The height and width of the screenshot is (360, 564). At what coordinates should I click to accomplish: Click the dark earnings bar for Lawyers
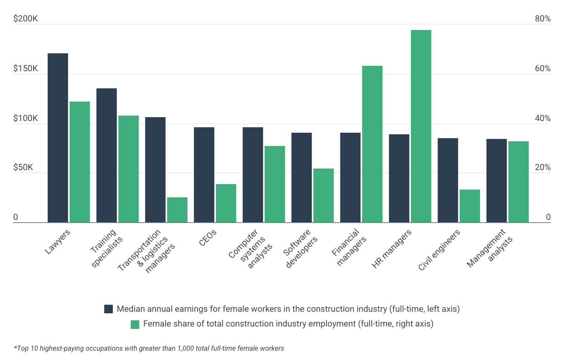pyautogui.click(x=58, y=138)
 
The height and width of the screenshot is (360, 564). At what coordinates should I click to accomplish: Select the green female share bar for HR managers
pyautogui.click(x=421, y=126)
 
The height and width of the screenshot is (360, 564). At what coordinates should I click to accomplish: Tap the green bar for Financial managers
pyautogui.click(x=372, y=144)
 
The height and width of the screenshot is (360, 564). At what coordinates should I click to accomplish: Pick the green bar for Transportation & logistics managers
pyautogui.click(x=177, y=210)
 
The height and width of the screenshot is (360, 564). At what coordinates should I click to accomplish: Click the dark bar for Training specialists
pyautogui.click(x=107, y=155)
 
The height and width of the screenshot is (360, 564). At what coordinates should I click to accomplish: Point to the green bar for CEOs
pyautogui.click(x=226, y=203)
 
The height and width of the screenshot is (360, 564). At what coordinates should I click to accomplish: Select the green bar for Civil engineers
pyautogui.click(x=469, y=206)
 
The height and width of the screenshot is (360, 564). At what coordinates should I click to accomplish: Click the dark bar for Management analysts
pyautogui.click(x=496, y=181)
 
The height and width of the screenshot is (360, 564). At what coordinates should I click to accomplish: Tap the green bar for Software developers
pyautogui.click(x=323, y=195)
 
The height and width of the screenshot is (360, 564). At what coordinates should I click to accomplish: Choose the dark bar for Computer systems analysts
pyautogui.click(x=253, y=175)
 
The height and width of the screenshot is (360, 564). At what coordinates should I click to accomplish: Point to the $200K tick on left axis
pyautogui.click(x=26, y=19)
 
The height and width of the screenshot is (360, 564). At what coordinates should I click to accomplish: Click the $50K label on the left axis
pyautogui.click(x=23, y=167)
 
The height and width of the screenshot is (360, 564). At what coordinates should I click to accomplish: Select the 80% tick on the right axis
pyautogui.click(x=543, y=19)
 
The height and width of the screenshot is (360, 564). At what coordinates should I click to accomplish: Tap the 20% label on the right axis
pyautogui.click(x=543, y=167)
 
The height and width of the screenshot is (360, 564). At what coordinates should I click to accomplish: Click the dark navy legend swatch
pyautogui.click(x=109, y=309)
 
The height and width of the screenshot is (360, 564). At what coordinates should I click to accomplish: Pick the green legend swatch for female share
pyautogui.click(x=135, y=324)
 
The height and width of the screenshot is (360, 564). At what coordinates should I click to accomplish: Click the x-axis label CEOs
pyautogui.click(x=208, y=238)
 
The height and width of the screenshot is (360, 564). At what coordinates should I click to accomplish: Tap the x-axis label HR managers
pyautogui.click(x=391, y=249)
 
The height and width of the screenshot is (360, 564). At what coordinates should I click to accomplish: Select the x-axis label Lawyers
pyautogui.click(x=58, y=242)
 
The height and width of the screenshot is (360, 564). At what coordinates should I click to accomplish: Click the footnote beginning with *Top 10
pyautogui.click(x=149, y=348)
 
